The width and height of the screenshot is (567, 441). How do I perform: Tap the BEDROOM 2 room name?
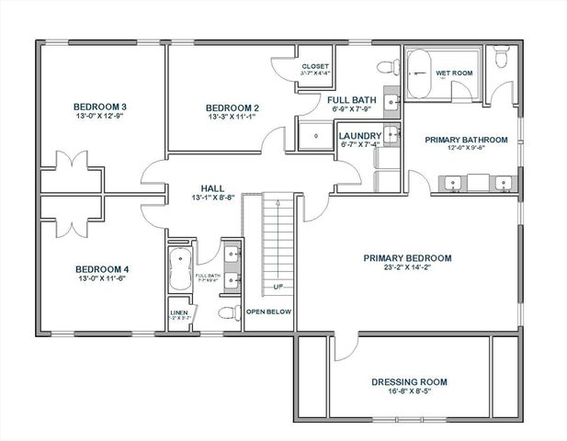[x=231, y=106]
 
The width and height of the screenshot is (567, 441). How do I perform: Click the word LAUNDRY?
[x=359, y=135]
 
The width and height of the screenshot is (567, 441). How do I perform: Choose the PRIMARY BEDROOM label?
[x=407, y=258]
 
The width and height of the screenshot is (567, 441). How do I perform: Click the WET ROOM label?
[x=454, y=72]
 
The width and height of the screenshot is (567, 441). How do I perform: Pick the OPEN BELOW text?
[x=268, y=312]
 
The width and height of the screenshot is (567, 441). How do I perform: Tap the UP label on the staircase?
[x=277, y=288]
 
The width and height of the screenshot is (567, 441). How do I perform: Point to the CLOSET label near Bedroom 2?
[x=314, y=67]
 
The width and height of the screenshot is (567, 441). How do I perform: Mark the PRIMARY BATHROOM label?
[x=466, y=140]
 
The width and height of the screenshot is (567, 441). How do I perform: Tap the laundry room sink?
[x=393, y=135]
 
